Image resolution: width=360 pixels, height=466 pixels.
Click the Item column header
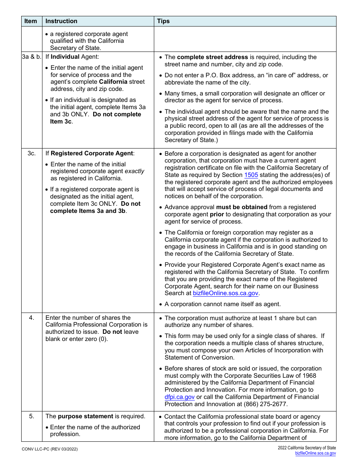point(31,21)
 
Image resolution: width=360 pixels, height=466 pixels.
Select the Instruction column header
point(61,21)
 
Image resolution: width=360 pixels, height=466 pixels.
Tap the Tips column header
point(163,21)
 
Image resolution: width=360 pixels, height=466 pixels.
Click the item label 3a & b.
point(31,57)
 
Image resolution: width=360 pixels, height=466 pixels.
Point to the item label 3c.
point(31,153)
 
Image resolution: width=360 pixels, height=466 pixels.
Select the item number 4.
point(31,318)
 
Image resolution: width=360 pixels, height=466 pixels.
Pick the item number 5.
point(31,416)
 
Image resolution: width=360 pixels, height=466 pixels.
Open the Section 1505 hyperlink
point(251,175)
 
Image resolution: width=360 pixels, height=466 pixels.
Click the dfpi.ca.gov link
point(180,397)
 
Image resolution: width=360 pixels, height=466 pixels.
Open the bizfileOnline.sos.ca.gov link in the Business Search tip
point(226,293)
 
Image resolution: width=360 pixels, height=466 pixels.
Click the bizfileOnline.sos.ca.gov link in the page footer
point(315,453)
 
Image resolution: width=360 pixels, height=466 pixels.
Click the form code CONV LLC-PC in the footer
point(38,449)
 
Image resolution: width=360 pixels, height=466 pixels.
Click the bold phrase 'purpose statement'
point(85,416)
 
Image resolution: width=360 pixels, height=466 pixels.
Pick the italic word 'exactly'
point(135,171)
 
